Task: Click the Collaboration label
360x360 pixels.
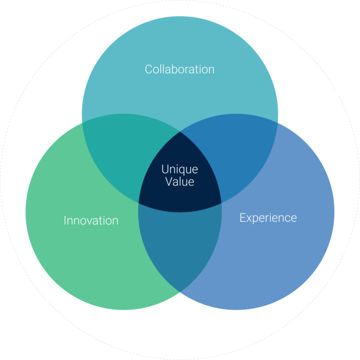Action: pos(180,69)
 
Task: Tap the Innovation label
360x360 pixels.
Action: pos(91,220)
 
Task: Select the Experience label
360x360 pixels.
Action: pos(268,217)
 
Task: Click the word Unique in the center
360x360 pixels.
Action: pos(180,169)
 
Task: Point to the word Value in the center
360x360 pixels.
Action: pos(180,182)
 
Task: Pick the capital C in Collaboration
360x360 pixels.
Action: pos(149,69)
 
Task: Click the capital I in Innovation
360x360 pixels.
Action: pos(65,220)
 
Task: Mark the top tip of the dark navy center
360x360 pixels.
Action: pos(180,132)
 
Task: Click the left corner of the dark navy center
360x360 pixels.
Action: pos(139,203)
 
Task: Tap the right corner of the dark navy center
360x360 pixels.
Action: pos(221,203)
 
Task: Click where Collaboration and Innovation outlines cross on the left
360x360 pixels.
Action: pos(82,123)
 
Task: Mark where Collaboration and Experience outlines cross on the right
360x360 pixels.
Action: pos(277,123)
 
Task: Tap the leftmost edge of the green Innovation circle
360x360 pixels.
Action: pos(26,212)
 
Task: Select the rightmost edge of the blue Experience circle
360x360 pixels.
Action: pos(334,212)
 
